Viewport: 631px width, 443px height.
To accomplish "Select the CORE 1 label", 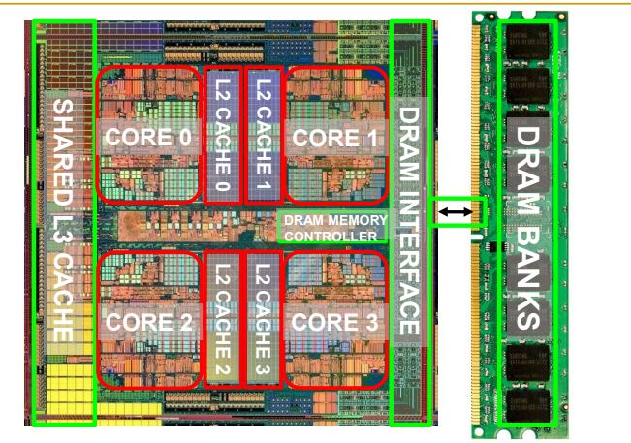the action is point(333,137).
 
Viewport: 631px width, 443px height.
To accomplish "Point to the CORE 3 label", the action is point(333,320).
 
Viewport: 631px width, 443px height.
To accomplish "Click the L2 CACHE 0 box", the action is point(222,133).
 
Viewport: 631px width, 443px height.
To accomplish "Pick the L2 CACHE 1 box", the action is point(263,133).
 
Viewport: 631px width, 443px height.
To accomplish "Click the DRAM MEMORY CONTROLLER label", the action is point(333,228).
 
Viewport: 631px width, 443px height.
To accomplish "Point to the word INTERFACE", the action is point(408,262).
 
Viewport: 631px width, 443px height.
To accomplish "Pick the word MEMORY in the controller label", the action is point(359,221).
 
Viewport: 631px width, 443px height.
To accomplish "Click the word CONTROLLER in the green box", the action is point(333,236).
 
